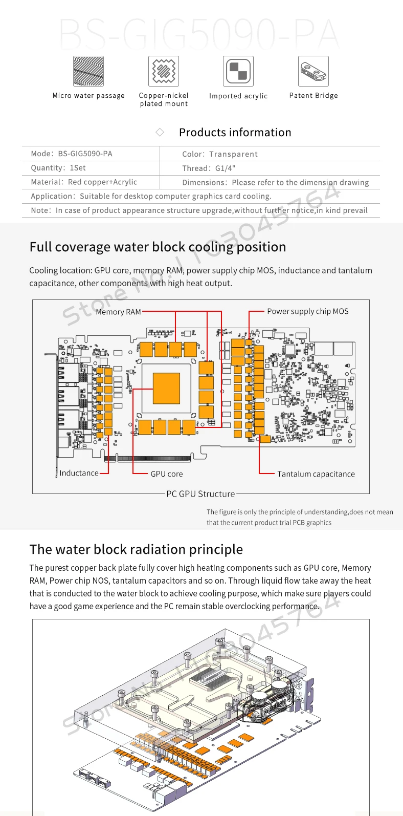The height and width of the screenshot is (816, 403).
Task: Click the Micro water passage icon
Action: tap(88, 71)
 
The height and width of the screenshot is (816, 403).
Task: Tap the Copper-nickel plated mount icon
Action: tap(164, 71)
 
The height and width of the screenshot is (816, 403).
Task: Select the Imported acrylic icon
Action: tap(238, 71)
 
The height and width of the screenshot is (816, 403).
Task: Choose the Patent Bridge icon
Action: tap(314, 71)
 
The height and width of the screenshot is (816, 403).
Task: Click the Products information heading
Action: tap(235, 133)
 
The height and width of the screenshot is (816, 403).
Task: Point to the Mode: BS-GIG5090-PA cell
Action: tap(72, 154)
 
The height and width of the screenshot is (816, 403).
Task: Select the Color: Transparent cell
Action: tap(220, 154)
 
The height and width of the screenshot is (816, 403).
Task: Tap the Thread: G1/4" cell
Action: tap(209, 168)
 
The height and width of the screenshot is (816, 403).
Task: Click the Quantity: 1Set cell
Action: tap(58, 168)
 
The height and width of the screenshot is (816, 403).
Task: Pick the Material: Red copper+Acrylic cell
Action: tap(84, 182)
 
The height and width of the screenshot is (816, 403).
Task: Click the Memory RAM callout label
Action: tap(118, 312)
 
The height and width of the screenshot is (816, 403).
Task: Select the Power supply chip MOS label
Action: tap(307, 311)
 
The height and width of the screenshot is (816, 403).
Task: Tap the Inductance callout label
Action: tap(79, 473)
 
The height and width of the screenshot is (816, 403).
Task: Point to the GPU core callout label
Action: tap(166, 474)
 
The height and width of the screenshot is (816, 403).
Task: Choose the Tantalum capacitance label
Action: tap(316, 474)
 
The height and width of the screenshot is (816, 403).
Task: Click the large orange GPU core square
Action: tap(166, 389)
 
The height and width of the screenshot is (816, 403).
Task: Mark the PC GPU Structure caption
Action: tap(200, 494)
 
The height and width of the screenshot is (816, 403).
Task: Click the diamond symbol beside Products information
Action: tap(160, 133)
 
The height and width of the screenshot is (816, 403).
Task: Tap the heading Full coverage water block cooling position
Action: tap(158, 247)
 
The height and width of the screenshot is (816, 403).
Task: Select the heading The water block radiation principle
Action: tap(136, 549)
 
